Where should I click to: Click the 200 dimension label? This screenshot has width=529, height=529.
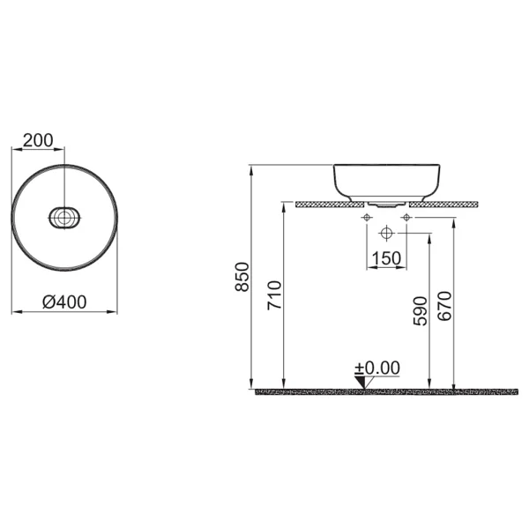(x=38, y=140)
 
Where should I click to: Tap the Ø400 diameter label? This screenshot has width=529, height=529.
(x=64, y=302)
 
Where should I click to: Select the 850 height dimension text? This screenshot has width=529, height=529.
(x=242, y=277)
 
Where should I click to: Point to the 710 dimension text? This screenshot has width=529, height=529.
(x=274, y=295)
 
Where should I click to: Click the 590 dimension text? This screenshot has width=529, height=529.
(x=420, y=311)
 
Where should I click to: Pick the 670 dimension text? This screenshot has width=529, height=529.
(x=444, y=306)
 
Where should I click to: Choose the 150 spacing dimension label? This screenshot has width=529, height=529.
(x=386, y=258)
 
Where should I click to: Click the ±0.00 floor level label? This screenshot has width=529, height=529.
(x=377, y=368)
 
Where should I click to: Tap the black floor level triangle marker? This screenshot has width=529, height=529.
(x=361, y=382)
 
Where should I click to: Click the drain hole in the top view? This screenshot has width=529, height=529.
(x=63, y=218)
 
